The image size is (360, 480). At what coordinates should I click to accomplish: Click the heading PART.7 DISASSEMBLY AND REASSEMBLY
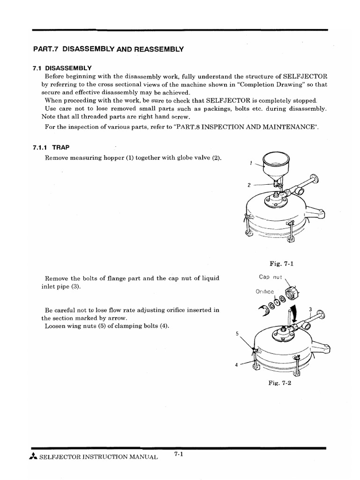(108, 49)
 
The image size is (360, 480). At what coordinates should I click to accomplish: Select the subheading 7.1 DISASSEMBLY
(62, 68)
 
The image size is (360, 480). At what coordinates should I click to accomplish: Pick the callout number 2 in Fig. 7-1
(249, 185)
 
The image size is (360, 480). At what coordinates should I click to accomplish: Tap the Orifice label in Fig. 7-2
(264, 292)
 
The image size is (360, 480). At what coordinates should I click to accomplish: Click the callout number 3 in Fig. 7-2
(310, 309)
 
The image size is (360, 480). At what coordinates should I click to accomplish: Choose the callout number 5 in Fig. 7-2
(238, 334)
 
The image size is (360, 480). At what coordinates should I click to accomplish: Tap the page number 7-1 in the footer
(178, 454)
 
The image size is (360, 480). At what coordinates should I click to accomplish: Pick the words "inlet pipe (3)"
(61, 286)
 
